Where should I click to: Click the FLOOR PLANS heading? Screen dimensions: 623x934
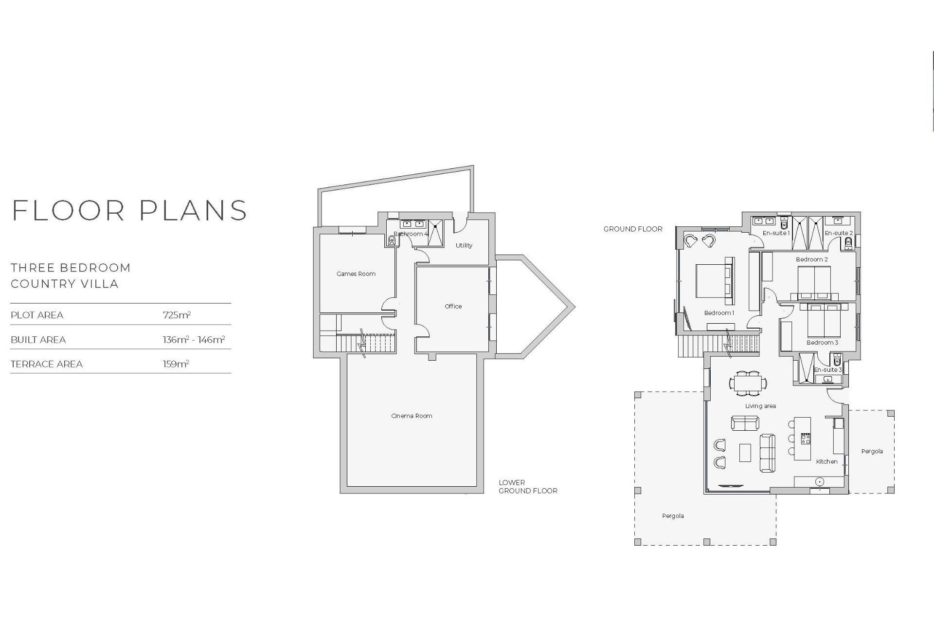(x=129, y=210)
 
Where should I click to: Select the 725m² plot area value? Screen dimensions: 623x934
(x=177, y=315)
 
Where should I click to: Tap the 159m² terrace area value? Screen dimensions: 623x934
(x=176, y=364)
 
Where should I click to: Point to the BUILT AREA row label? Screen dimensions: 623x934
(x=38, y=340)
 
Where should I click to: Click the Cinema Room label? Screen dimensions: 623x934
(x=412, y=416)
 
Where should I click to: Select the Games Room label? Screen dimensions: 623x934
(x=356, y=274)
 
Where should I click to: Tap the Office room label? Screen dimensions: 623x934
(x=453, y=306)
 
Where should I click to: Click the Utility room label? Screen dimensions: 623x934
(x=464, y=245)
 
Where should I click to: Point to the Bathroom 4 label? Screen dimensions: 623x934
(x=411, y=234)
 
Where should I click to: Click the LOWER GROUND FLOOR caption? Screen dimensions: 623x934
(x=528, y=487)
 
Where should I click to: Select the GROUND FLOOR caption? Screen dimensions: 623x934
(x=633, y=229)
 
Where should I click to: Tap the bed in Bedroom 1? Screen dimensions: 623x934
(x=713, y=281)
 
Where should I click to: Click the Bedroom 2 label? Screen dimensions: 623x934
(x=811, y=259)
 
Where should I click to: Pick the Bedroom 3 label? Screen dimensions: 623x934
(x=822, y=343)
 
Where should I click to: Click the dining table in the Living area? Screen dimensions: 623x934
(x=748, y=383)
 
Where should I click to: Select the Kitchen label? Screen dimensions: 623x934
(x=826, y=461)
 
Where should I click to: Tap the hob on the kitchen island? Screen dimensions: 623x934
(x=806, y=439)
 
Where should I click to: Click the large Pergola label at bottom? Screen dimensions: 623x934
(x=673, y=516)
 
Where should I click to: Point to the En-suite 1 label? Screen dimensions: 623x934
(x=776, y=233)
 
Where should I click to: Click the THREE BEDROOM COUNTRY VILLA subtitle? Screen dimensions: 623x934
(x=71, y=275)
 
